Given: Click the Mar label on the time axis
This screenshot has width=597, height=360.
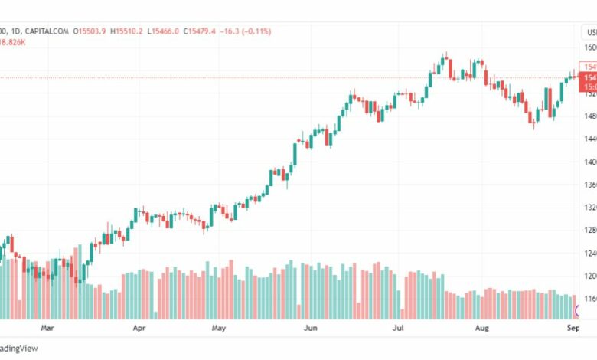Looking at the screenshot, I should tap(47, 329).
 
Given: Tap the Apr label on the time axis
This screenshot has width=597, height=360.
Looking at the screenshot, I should tap(139, 329).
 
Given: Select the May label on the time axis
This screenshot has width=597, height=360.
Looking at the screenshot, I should tap(219, 329).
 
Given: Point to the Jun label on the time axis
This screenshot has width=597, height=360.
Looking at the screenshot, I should tap(311, 329).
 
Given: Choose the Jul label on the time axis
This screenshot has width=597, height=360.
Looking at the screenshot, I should tap(398, 329).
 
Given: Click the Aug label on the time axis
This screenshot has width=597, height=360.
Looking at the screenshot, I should tap(481, 329).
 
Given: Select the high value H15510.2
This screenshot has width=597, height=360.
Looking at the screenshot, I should tap(126, 31).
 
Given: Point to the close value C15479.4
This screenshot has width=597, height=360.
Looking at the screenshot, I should tap(197, 31).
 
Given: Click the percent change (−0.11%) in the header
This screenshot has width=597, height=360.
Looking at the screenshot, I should tap(255, 31).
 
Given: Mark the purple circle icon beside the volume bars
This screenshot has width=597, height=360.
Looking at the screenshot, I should tap(580, 310).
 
